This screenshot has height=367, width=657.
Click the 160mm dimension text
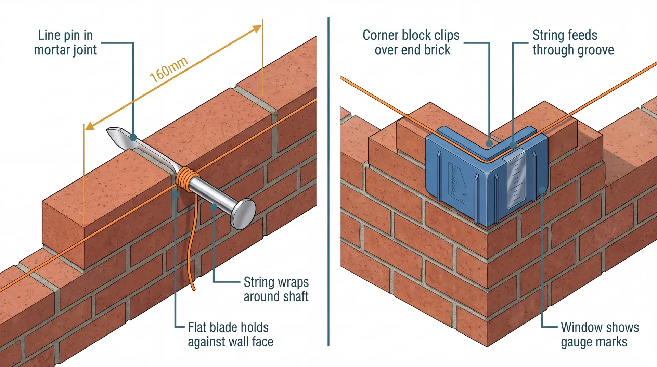click(x=169, y=69)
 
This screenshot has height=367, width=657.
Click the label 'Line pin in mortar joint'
click(x=65, y=42)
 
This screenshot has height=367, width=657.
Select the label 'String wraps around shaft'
click(x=276, y=289)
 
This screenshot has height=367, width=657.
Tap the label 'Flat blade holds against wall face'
click(x=230, y=334)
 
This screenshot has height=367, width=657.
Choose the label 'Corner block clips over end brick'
click(x=411, y=42)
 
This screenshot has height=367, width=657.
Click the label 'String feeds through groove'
click(x=573, y=42)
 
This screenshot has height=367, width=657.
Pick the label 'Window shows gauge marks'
click(x=600, y=334)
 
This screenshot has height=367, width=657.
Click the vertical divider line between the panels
click(x=328, y=181)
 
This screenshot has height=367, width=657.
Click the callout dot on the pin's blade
click(x=133, y=137)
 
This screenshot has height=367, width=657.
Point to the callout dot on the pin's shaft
click(x=214, y=207)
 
